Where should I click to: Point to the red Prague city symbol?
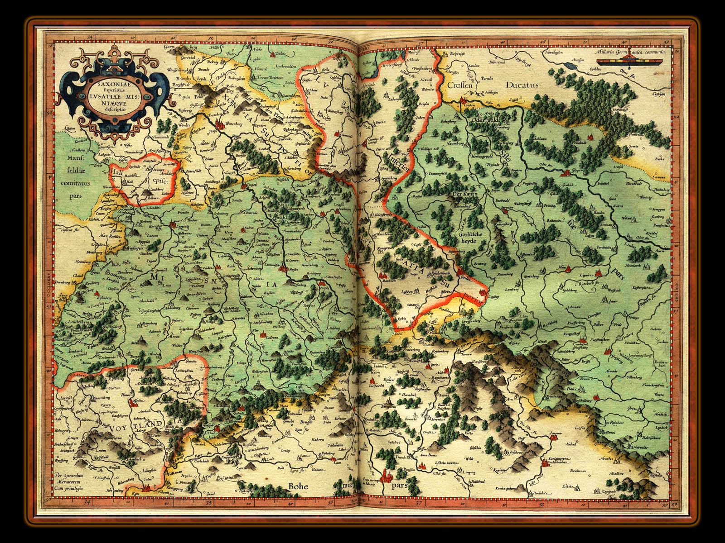[387, 475]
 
